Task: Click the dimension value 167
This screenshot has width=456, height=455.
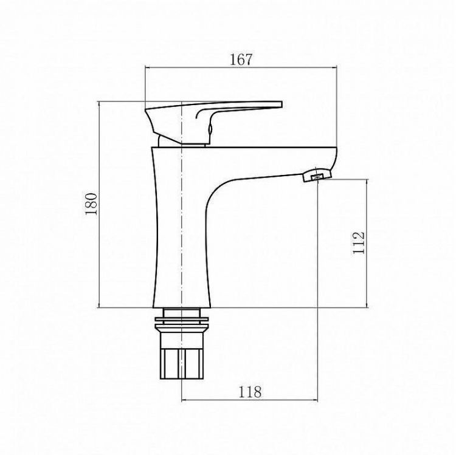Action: (241, 60)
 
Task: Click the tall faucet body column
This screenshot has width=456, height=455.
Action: (180, 243)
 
